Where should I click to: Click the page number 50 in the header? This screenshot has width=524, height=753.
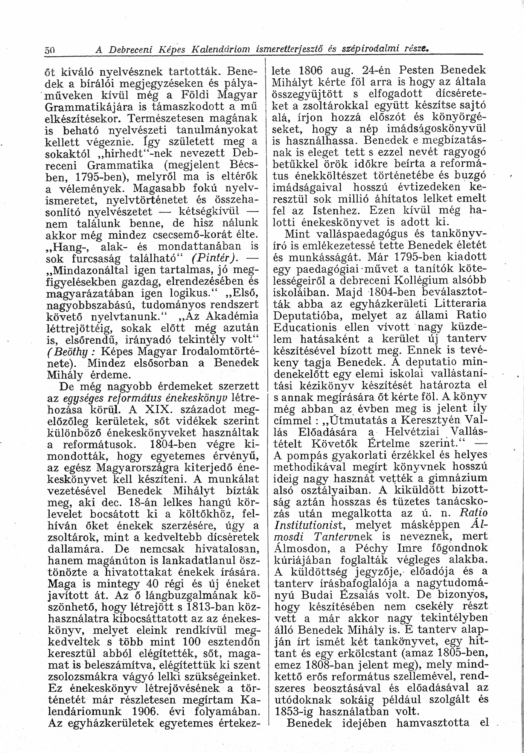pyautogui.click(x=50, y=50)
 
